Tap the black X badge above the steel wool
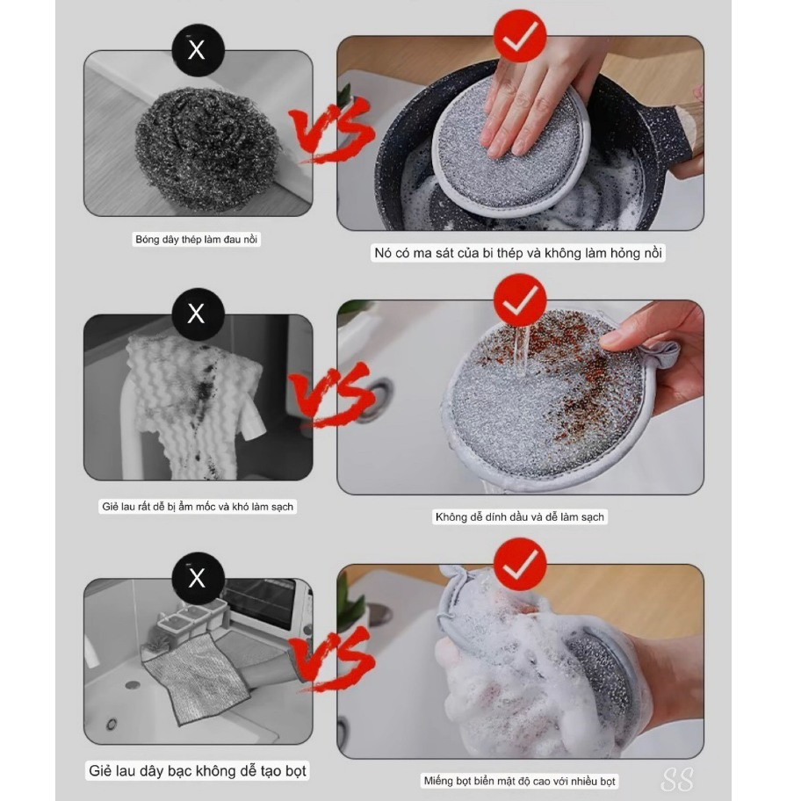[198, 50]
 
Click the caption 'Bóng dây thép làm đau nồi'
[197, 240]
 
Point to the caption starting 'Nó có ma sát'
[518, 253]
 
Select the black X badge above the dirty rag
[198, 314]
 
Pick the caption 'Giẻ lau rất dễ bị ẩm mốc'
[198, 507]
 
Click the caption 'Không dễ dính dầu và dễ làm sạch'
[520, 517]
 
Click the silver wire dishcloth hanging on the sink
[194, 677]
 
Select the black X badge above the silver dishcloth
[198, 578]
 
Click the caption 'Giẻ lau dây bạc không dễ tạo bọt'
[198, 771]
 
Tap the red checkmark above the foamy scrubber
[520, 565]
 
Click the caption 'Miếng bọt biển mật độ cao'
[520, 781]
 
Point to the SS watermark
[677, 780]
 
